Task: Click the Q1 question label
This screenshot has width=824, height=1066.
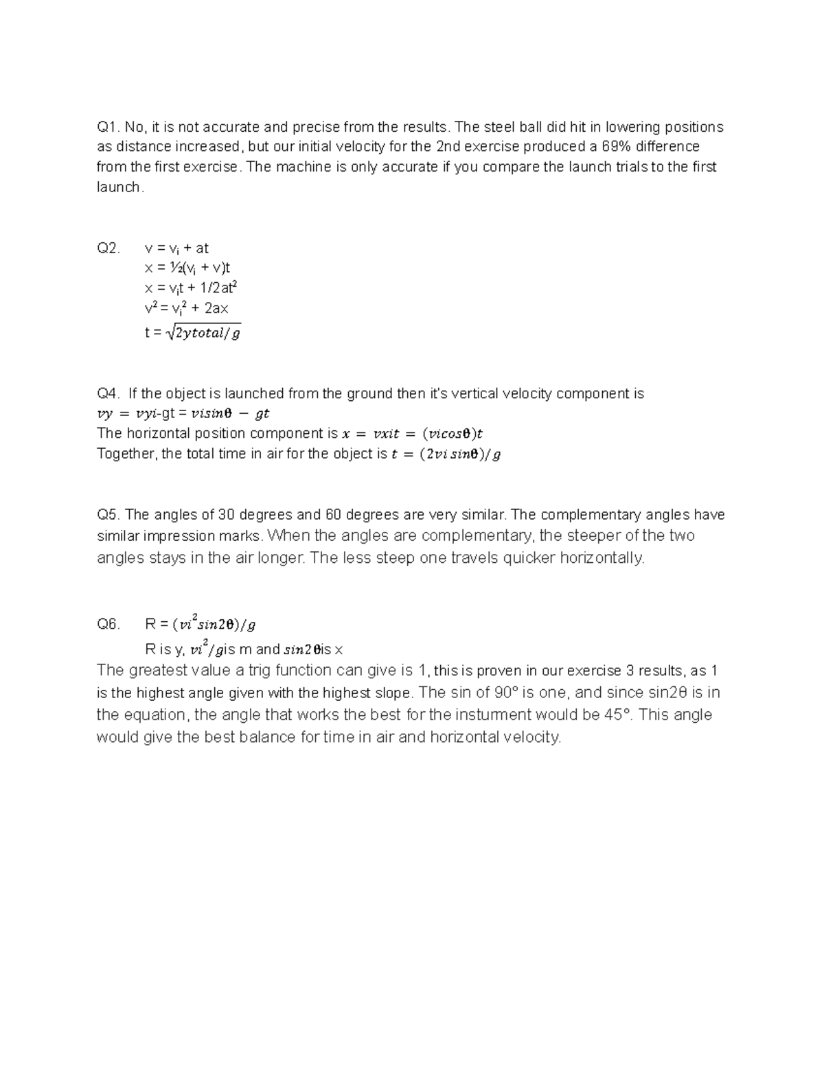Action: [x=108, y=127]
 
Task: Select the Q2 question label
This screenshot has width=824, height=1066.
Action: [x=108, y=248]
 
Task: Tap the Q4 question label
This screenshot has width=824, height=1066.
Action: [x=108, y=394]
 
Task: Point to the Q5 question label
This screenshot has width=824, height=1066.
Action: [x=108, y=515]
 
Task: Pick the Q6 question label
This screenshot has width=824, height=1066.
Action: [x=108, y=625]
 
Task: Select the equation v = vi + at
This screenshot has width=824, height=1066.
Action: [x=176, y=248]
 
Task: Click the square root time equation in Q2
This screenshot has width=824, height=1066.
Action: [x=192, y=334]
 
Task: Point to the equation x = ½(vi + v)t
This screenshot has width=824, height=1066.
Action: [x=187, y=268]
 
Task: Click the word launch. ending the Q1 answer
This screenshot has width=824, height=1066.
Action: [x=120, y=187]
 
